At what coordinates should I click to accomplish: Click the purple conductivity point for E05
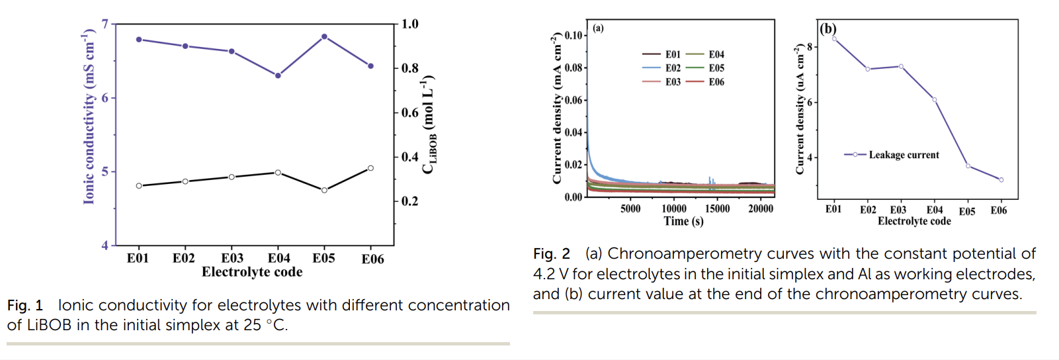point(324,36)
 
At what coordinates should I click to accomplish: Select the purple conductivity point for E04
point(278,75)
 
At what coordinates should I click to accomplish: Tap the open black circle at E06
point(370,168)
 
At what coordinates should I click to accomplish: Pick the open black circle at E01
point(139,186)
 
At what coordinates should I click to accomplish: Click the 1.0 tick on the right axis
point(410,24)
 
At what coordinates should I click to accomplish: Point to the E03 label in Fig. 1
point(232,258)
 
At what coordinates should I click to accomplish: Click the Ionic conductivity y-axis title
point(89,116)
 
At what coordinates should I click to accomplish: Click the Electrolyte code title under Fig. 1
point(252,272)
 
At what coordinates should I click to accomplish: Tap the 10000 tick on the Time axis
point(674,208)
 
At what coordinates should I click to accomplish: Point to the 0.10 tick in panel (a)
point(573,35)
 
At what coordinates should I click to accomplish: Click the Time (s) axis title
point(683,221)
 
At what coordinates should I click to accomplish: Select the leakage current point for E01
point(835,38)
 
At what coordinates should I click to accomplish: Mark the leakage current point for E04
point(935,100)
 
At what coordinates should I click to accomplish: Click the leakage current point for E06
point(1001,180)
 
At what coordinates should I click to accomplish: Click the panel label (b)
point(828,28)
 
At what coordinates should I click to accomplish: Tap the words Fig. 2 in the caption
point(552,254)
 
